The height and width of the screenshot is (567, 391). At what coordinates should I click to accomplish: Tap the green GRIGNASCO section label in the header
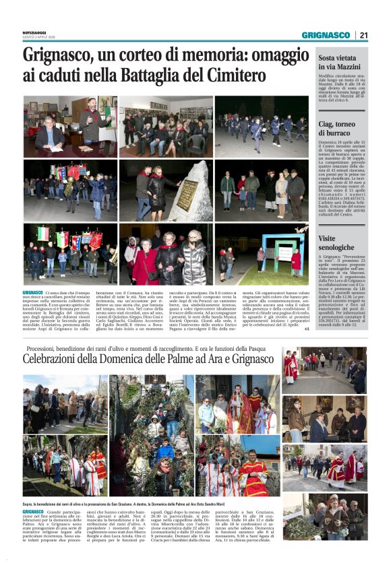click(326, 35)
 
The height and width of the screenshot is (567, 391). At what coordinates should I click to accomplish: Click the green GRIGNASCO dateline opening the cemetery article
click(32, 293)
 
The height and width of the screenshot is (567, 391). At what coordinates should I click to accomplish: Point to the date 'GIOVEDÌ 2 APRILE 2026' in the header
click(43, 38)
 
